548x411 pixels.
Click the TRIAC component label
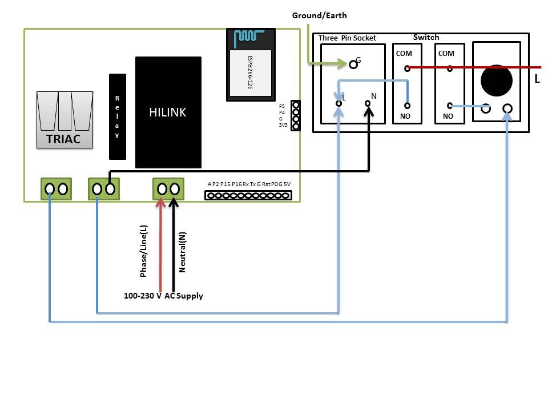point(63,139)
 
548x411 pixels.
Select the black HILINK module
point(168,112)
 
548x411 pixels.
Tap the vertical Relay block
point(118,116)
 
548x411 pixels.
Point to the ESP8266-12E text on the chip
point(250,72)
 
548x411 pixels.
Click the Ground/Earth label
point(320,15)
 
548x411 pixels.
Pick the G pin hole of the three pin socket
point(353,65)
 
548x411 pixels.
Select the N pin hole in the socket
point(368,103)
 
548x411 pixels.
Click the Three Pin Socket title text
point(347,38)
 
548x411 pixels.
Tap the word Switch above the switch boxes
point(426,37)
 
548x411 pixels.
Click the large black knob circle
point(497,80)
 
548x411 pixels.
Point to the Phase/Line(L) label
point(143,251)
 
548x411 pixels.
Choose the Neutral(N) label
point(182,252)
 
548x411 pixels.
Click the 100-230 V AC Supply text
point(163,296)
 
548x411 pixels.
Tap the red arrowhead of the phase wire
point(160,203)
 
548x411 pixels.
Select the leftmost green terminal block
point(57,189)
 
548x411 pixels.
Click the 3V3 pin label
point(283,125)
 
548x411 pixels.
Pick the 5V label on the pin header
point(287,184)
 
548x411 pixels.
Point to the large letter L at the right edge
point(537,79)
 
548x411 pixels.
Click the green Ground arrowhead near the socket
point(342,63)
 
